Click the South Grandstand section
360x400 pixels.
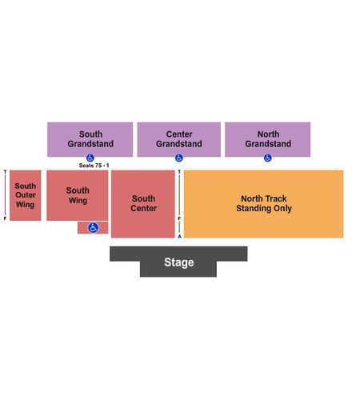point(90,139)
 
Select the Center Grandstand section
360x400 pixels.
point(179,139)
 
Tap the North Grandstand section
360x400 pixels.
point(268,139)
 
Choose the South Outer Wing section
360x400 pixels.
point(26,195)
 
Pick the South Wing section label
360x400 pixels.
point(78,195)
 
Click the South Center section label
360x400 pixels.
point(143,203)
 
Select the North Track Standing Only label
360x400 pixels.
point(264,203)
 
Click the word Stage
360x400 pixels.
point(179,262)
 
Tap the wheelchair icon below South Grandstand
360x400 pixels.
point(90,158)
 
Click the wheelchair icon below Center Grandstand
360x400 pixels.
point(179,158)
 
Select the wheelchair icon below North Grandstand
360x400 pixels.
point(268,158)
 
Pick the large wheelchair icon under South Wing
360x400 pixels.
point(93,228)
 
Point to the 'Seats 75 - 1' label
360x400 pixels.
point(94,166)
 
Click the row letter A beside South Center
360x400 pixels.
point(179,236)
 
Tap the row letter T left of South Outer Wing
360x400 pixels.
point(5,172)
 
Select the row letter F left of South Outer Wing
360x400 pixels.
point(5,218)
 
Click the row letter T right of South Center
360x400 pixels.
point(179,172)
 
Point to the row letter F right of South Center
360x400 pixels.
point(179,218)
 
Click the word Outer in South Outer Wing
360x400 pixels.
point(26,195)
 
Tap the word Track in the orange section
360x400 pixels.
point(276,198)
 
